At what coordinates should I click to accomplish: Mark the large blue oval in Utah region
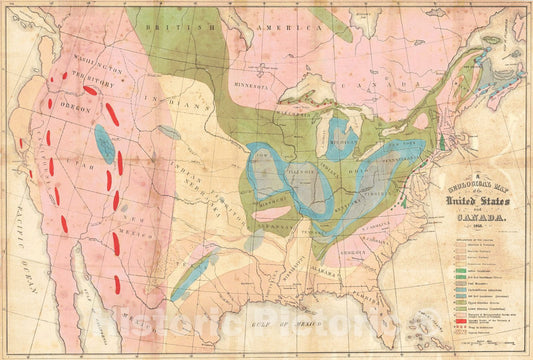(105, 143)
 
